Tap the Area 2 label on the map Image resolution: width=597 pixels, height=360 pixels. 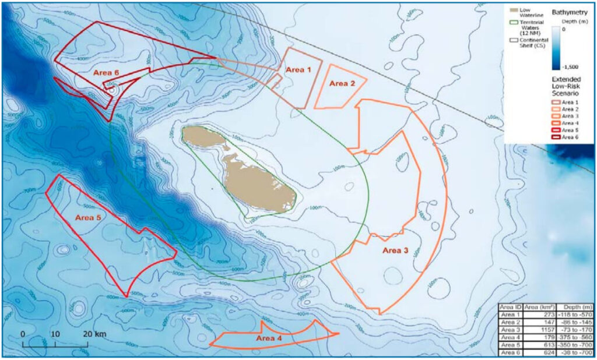point(342,83)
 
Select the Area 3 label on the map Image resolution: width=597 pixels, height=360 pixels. point(395,250)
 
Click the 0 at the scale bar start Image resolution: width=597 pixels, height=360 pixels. point(23,334)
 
